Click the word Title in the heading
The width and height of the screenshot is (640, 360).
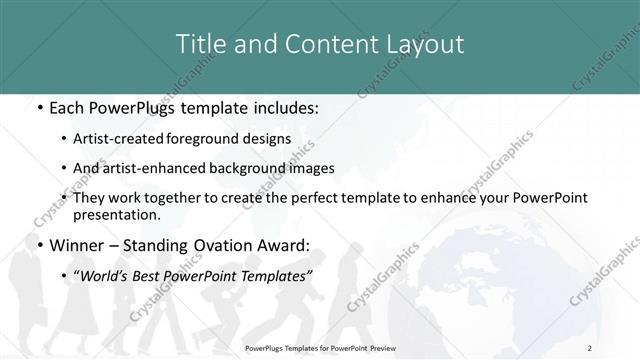[200, 44]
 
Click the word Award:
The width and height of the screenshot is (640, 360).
[284, 245]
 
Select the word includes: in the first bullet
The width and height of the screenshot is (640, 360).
[280, 106]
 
